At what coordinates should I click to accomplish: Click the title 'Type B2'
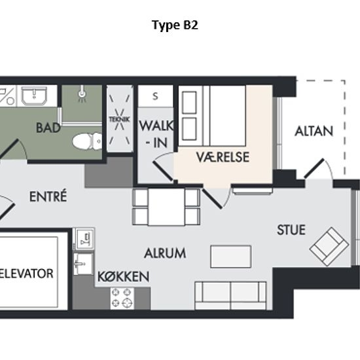click(x=175, y=25)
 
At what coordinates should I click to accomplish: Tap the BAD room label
click(x=48, y=128)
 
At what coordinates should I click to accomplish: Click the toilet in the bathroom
click(x=87, y=141)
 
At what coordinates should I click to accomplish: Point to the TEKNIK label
click(x=119, y=119)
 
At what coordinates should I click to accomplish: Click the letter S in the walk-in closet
click(x=155, y=96)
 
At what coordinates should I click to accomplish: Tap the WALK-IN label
click(x=156, y=134)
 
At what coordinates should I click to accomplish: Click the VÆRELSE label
click(x=223, y=157)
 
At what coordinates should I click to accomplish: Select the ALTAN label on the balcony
click(x=314, y=132)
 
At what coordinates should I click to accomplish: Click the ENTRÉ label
click(x=48, y=196)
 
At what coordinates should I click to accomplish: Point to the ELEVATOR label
click(x=26, y=274)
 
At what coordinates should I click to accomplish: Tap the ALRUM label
click(x=165, y=253)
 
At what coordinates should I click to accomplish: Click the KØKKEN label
click(x=124, y=276)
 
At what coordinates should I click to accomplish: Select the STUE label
click(x=291, y=230)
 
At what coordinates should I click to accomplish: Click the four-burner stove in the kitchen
click(x=122, y=298)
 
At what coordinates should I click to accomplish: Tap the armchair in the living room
click(x=329, y=247)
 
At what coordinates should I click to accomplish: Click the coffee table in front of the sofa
click(x=231, y=257)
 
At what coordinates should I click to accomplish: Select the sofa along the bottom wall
click(x=230, y=295)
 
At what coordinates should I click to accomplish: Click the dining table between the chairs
click(x=166, y=207)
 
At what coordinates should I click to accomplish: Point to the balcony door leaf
click(x=314, y=168)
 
